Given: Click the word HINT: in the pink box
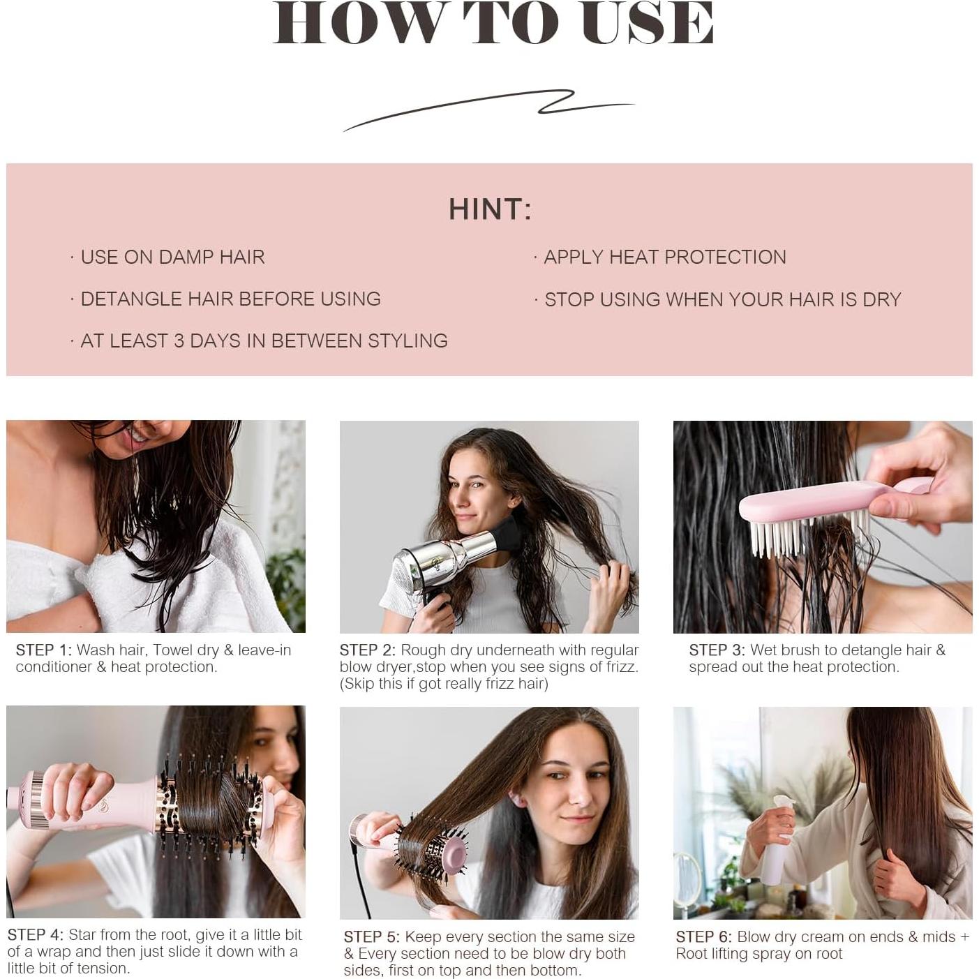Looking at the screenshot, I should click(489, 209).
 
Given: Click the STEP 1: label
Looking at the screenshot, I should click(43, 650).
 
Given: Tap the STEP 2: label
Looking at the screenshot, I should click(367, 650).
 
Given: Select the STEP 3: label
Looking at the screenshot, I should click(717, 650).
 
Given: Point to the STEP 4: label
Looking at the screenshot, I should click(35, 935).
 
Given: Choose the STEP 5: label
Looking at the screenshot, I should click(371, 937).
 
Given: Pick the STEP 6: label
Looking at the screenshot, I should click(703, 937).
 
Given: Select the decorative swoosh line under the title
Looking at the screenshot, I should click(488, 108).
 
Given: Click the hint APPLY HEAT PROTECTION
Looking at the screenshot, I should click(664, 257).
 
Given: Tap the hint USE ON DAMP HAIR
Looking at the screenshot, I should click(172, 257).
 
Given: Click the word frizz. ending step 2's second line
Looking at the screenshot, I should click(620, 667).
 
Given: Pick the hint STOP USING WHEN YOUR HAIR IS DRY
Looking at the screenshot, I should click(722, 299).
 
